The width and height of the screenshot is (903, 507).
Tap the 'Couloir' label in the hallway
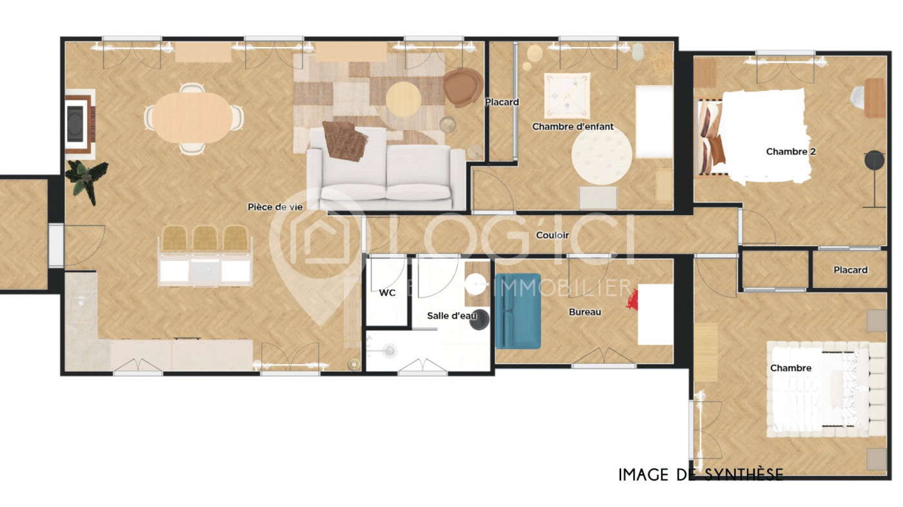pos(552,235)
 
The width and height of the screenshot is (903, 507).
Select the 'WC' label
pos(387,292)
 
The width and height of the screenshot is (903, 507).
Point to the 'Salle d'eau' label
pos(451,316)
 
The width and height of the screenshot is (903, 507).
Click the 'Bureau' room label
pos(584,312)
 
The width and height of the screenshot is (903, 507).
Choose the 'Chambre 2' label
pos(787,151)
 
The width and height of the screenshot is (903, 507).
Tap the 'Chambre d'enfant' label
pos(573,126)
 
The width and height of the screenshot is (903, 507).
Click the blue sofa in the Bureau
pos(517,311)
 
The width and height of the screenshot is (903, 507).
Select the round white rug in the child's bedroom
pos(602,155)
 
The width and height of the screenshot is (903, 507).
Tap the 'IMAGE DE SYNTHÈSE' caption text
pos(700,475)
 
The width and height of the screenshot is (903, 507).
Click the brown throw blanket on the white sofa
pos(345,139)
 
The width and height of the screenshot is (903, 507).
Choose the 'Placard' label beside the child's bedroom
pos(502,102)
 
